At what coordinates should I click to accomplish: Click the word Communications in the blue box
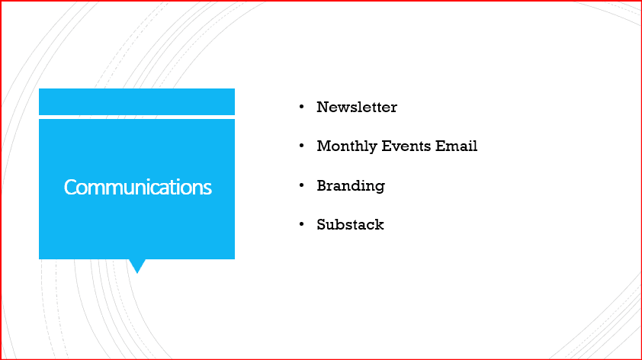click(137, 187)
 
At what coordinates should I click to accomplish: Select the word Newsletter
click(357, 107)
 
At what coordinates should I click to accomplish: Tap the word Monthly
click(347, 146)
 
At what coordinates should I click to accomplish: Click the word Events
click(406, 146)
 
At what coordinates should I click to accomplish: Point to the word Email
click(456, 146)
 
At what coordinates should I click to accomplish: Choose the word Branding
click(351, 186)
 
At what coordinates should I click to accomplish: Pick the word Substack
click(350, 224)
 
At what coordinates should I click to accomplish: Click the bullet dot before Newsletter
click(302, 107)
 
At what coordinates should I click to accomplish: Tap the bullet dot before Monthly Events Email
click(302, 146)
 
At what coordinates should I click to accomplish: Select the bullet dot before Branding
click(302, 185)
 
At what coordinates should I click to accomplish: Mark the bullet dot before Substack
click(302, 224)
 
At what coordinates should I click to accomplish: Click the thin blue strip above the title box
click(136, 101)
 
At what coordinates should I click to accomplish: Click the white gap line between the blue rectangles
click(136, 117)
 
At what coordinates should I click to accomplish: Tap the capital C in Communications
click(69, 187)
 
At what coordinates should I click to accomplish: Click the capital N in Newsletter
click(323, 107)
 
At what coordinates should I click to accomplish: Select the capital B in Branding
click(323, 185)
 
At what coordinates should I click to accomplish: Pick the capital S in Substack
click(322, 224)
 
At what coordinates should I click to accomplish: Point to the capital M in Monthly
click(324, 146)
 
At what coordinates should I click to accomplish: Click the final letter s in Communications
click(207, 189)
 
